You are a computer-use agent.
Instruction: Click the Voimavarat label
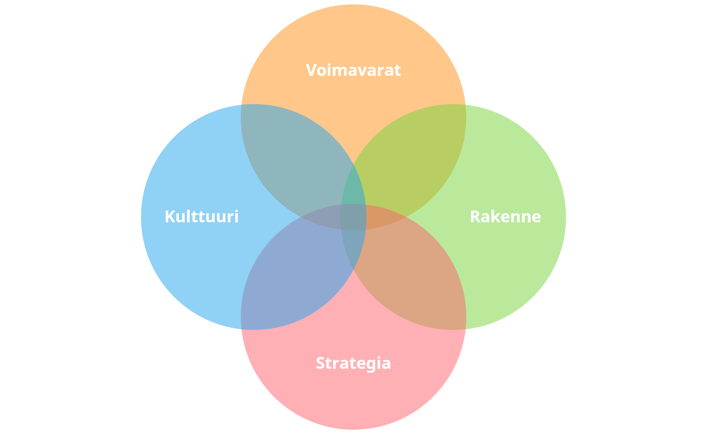[x=353, y=70]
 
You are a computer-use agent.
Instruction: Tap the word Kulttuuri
[x=201, y=217]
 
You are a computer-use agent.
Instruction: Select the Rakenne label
[x=505, y=217]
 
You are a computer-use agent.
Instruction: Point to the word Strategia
[x=353, y=363]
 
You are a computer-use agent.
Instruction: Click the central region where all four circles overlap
[x=353, y=217]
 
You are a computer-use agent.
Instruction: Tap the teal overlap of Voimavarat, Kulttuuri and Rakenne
[x=353, y=189]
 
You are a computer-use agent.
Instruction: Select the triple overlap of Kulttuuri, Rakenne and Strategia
[x=353, y=245]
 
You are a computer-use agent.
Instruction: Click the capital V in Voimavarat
[x=311, y=70]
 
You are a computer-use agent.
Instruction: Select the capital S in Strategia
[x=321, y=363]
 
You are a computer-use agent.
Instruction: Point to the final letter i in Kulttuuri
[x=236, y=217]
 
